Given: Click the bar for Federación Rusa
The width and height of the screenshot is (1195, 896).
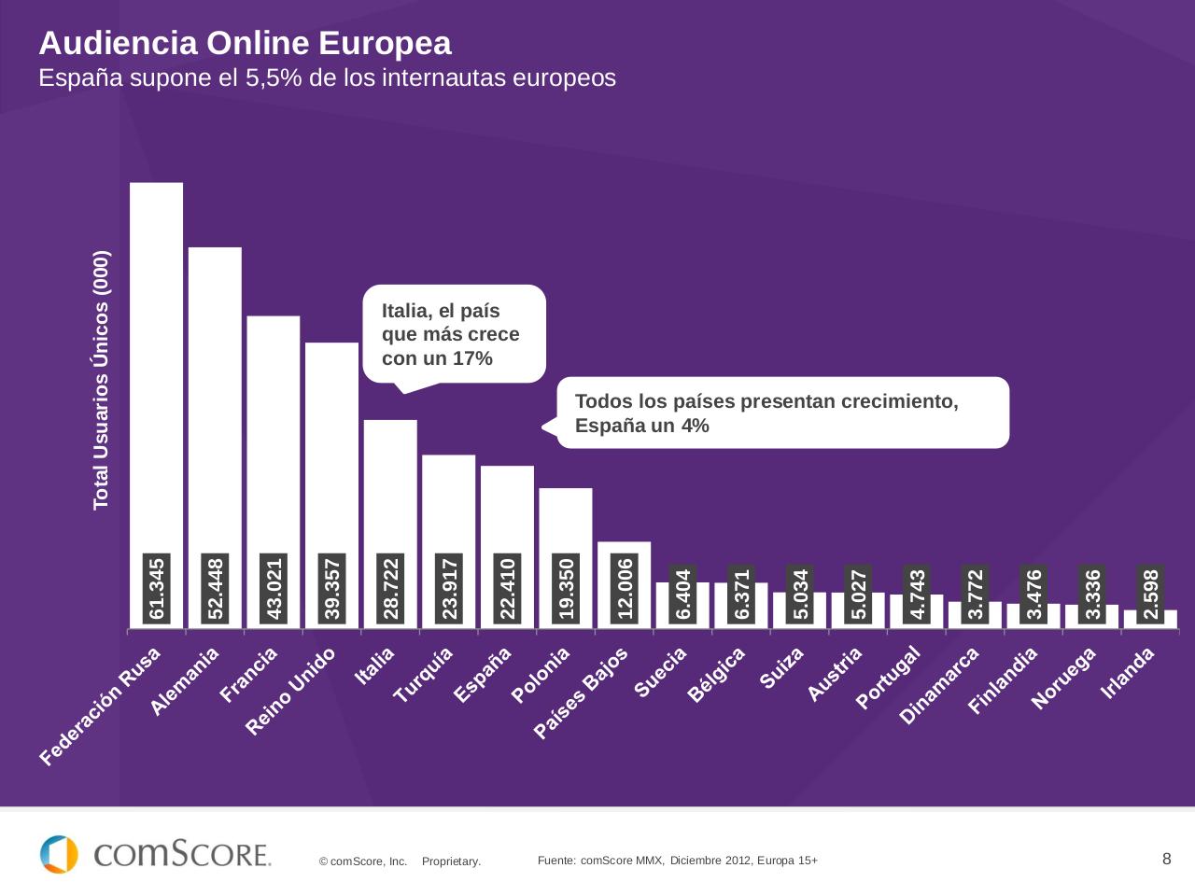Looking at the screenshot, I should (156, 373).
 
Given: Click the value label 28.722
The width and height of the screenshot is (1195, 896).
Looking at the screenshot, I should (391, 588).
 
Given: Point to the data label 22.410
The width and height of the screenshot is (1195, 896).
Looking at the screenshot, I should (508, 588).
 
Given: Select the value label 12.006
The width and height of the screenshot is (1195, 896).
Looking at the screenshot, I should (625, 588).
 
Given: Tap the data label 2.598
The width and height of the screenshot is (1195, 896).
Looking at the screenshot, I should (1150, 594).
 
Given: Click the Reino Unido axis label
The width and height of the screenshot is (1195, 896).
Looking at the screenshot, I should (290, 692).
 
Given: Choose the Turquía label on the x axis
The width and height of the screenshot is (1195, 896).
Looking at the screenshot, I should (424, 675).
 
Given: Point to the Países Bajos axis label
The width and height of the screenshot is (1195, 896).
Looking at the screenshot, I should (582, 693).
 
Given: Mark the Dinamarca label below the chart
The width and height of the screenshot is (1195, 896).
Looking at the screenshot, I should (939, 686).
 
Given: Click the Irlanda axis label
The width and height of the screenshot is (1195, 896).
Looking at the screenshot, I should (1129, 672).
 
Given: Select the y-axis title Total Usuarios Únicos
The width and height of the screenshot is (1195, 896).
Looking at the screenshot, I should (101, 380).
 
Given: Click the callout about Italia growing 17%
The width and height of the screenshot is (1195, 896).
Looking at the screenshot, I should (453, 334).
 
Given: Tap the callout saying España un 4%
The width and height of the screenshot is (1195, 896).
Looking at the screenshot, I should (782, 413).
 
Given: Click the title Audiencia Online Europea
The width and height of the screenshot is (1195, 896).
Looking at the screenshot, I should (245, 43).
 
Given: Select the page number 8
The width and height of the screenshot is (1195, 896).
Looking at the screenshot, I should (1166, 859).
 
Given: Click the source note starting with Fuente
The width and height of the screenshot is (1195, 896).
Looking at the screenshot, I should (677, 861).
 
